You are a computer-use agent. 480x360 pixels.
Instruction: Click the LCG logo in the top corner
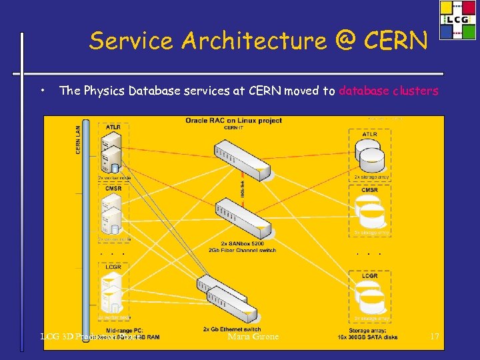click(x=457, y=19)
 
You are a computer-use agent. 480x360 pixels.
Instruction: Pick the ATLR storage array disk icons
click(x=369, y=157)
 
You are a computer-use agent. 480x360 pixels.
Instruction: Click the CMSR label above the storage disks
click(x=369, y=190)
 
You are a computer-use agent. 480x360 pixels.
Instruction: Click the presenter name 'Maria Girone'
click(x=253, y=337)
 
